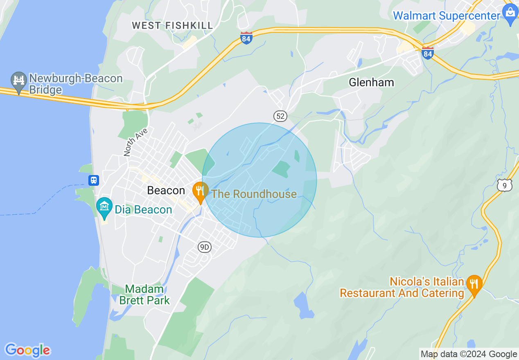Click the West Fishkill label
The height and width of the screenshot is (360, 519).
172,25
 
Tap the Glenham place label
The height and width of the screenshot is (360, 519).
371,82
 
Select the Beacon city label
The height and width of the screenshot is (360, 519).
166,190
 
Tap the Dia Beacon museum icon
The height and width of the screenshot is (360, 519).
105,206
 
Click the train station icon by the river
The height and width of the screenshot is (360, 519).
94,180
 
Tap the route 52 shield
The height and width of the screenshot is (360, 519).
280,116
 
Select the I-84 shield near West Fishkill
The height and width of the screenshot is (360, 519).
246,38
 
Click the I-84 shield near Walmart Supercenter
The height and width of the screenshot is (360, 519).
427,53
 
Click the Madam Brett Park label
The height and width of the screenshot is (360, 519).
144,295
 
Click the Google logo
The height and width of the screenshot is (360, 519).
27,350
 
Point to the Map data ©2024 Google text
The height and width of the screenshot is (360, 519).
469,354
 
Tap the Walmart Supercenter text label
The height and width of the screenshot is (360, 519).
447,16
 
